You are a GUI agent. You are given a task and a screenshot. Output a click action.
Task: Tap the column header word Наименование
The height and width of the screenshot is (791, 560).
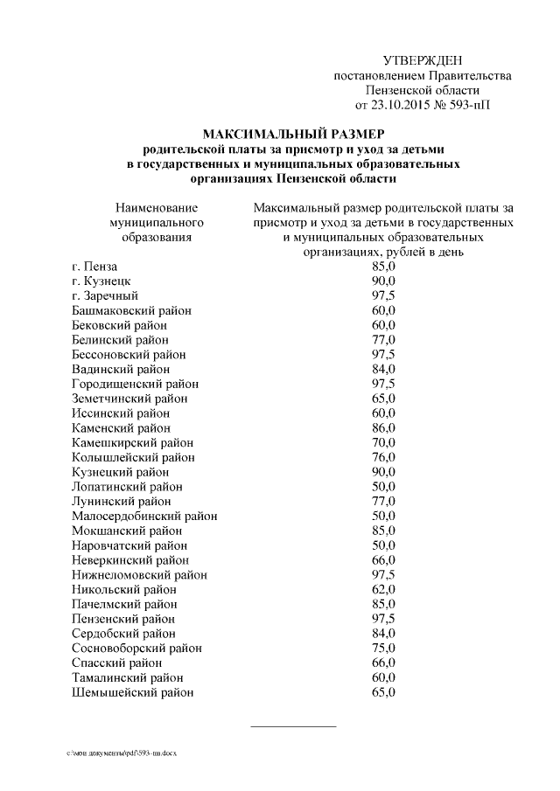(x=157, y=208)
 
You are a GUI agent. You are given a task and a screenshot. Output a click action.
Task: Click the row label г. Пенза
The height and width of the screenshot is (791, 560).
(x=94, y=266)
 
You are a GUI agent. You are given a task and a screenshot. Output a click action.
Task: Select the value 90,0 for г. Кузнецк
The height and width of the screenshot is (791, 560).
(x=383, y=281)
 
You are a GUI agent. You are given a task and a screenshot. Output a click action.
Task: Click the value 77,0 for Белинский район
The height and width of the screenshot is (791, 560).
(x=383, y=339)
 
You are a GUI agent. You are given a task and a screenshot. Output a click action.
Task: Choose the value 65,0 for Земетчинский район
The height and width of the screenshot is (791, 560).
(x=383, y=399)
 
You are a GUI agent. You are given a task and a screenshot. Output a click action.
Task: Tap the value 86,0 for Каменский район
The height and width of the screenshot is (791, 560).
(x=383, y=427)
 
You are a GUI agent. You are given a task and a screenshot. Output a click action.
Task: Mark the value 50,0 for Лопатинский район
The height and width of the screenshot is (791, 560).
(x=383, y=487)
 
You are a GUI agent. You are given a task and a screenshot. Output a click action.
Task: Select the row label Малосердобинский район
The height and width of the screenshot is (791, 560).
(x=144, y=516)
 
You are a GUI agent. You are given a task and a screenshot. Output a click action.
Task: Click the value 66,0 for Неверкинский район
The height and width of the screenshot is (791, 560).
(x=383, y=560)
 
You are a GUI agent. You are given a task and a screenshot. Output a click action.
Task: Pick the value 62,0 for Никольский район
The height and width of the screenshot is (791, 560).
(x=383, y=589)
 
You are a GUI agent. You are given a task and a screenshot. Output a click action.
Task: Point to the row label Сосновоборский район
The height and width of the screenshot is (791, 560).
(x=136, y=649)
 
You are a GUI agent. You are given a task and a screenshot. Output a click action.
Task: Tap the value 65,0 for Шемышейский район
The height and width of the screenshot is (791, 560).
(x=383, y=692)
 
